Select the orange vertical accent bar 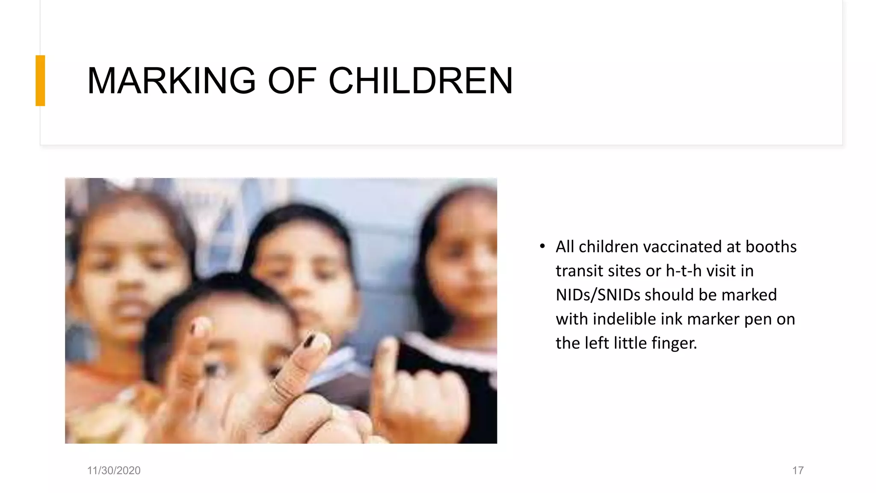tap(40, 80)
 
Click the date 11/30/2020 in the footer tap(114, 470)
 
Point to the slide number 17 tap(798, 470)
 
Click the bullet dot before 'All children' tap(542, 246)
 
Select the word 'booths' tap(771, 247)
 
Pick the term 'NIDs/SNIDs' tap(598, 295)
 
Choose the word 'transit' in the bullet tap(576, 271)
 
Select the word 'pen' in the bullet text tap(756, 320)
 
